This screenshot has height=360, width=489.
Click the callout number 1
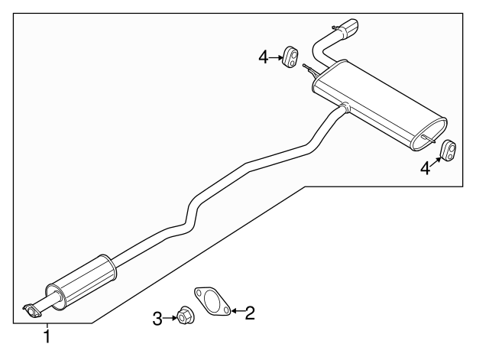click(x=47, y=336)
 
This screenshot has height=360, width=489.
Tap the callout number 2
click(x=250, y=313)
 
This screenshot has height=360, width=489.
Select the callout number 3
click(x=157, y=319)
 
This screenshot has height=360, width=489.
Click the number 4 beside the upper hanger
click(x=263, y=58)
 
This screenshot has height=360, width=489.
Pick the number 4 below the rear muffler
click(x=426, y=169)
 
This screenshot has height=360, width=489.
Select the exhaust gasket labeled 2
click(x=212, y=300)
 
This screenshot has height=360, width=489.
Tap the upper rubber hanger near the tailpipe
click(x=290, y=57)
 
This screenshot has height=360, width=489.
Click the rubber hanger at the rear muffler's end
click(x=448, y=151)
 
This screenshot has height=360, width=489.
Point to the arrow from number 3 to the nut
click(x=170, y=318)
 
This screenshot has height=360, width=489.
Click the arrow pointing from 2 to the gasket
click(x=238, y=311)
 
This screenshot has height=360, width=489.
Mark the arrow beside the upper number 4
click(x=276, y=58)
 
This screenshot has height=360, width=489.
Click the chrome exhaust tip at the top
click(x=350, y=28)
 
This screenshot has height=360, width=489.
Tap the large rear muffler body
click(x=379, y=105)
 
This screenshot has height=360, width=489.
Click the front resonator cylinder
click(x=82, y=283)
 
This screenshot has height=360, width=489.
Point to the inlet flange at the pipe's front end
click(x=32, y=311)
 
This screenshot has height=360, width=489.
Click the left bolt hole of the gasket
click(x=199, y=293)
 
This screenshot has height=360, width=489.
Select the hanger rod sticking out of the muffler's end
click(x=429, y=139)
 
